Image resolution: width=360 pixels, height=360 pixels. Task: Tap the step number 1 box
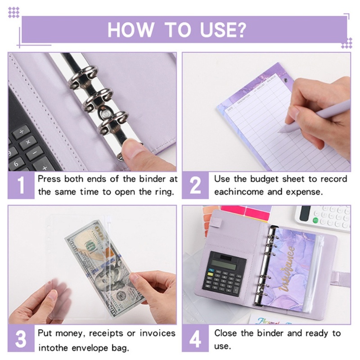coord(21,185)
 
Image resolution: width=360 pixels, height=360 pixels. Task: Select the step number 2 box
coord(195,185)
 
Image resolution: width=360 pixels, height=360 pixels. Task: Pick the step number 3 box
coord(21,340)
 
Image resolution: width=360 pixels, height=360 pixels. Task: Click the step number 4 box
coord(195,340)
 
